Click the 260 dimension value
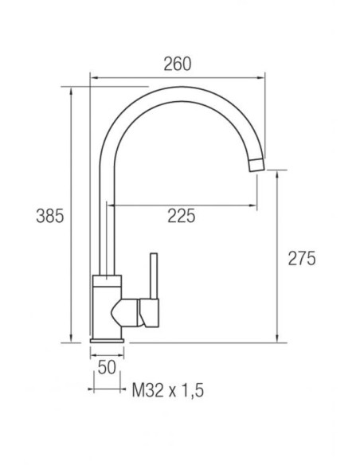point(178,64)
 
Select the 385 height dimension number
point(50,216)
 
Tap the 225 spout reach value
point(182,216)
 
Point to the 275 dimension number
point(302,258)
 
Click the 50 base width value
point(107,367)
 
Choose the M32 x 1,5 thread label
point(168,390)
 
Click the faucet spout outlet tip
point(256,165)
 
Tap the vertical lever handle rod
point(154,275)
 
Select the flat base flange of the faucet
point(107,341)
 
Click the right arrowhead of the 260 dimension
point(261,78)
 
